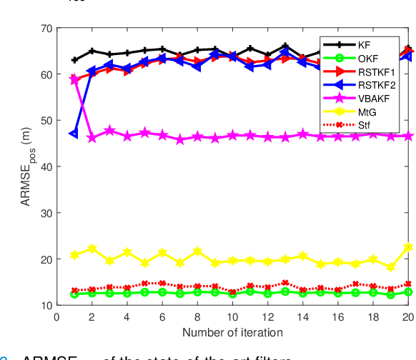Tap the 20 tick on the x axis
pos(408,316)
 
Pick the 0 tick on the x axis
pos(56,316)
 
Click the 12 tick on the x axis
pos(267,316)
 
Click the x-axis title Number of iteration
pos(232,332)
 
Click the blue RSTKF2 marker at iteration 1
pos(74,134)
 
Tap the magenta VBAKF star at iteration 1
pos(74,79)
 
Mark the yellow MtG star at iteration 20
pos(408,247)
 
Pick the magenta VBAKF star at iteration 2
pos(91,137)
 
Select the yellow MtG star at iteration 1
pos(74,255)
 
